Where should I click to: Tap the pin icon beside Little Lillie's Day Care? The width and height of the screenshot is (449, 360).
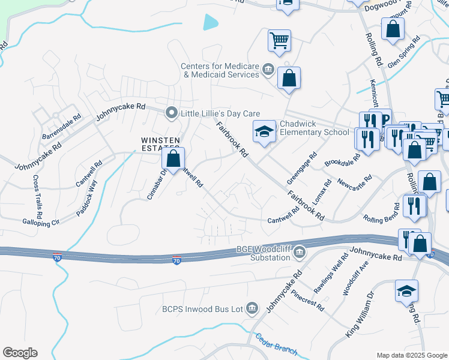(x=172, y=113)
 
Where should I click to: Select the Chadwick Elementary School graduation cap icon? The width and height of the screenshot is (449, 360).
(x=264, y=133)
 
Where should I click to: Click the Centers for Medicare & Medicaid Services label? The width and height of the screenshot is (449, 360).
(x=221, y=70)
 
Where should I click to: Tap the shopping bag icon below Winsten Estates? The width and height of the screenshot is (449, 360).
(x=173, y=160)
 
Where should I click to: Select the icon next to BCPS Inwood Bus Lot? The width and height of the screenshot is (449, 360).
(x=252, y=308)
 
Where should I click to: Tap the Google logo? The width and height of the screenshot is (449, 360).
(x=20, y=353)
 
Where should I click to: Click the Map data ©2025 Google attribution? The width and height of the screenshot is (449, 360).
(x=412, y=355)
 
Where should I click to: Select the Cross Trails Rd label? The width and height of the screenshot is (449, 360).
(x=38, y=197)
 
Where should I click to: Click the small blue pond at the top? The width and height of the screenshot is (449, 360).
(x=211, y=22)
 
